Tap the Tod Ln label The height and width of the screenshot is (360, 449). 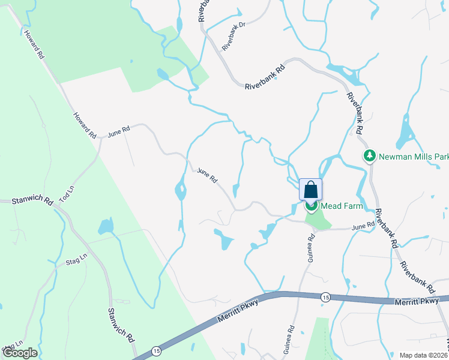pos(67,193)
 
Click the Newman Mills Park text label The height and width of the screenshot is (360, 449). pos(414,157)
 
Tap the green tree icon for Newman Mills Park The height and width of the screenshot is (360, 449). pos(370,157)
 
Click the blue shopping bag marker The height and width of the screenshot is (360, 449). pos(310,190)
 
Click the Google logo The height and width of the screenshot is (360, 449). pos(20,353)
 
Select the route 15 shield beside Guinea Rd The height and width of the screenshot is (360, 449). pos(325,297)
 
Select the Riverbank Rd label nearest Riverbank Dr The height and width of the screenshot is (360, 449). pos(264,79)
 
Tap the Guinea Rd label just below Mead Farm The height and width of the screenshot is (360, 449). pos(311,248)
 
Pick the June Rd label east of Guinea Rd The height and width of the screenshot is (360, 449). pos(363,226)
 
